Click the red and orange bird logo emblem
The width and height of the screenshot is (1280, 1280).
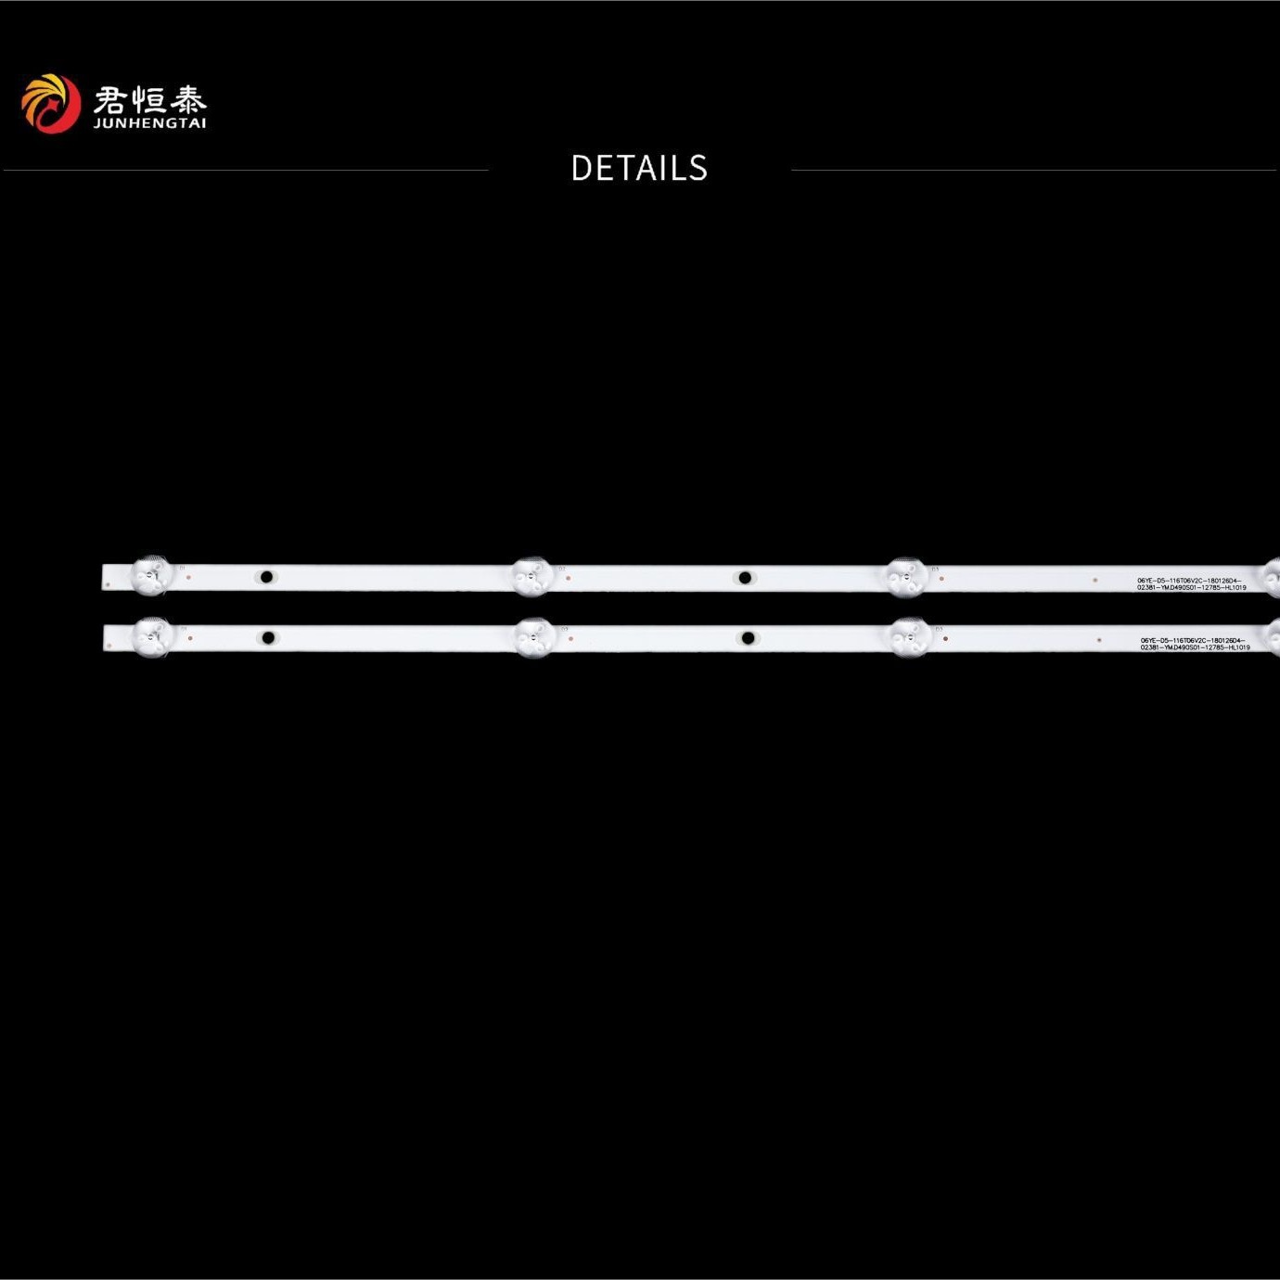coord(50,103)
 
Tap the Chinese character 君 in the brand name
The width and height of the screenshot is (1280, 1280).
coord(109,99)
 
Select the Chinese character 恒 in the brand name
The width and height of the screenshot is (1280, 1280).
coord(148,99)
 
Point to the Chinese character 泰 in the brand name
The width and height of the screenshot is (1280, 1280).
coord(188,99)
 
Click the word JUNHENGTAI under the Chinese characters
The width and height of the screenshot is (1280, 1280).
coord(149,123)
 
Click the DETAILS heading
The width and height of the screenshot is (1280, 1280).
coord(639,169)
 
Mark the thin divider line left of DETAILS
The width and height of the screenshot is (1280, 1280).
coord(246,170)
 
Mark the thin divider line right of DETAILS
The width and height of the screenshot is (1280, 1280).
coord(1033,170)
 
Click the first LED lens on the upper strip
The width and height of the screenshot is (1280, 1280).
coord(151,576)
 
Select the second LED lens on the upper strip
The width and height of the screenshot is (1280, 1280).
coord(532,577)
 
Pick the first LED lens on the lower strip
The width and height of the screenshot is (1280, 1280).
coord(153,636)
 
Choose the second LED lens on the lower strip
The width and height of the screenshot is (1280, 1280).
coord(535,637)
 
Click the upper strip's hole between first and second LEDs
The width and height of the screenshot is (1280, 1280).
coord(266,577)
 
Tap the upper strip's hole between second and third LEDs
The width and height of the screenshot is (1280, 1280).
coord(744,578)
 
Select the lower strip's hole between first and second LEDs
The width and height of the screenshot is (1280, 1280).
coord(268,637)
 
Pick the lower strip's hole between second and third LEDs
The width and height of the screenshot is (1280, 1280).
coord(748,638)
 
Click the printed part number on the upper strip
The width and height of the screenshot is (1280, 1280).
coord(1191,584)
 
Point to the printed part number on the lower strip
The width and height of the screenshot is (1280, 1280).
coord(1195,644)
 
